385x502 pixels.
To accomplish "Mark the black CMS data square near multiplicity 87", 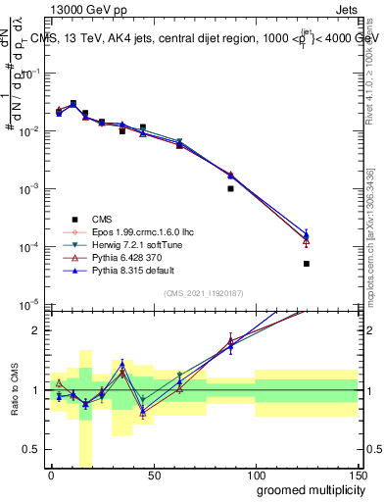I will (229, 188).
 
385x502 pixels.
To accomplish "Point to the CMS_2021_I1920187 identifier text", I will (203, 292).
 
